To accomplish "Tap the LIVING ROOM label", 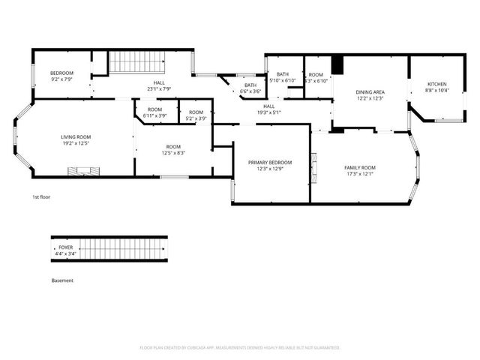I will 76,137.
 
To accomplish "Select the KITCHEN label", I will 436,84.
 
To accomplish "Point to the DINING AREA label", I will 369,92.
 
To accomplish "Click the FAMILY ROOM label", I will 360,167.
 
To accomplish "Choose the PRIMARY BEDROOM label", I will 270,163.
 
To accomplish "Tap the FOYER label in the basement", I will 65,247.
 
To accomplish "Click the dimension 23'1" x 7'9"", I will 158,88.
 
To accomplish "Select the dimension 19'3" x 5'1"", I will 268,112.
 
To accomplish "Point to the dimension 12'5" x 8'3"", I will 173,153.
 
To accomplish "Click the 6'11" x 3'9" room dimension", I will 154,115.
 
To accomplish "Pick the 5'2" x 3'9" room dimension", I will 196,118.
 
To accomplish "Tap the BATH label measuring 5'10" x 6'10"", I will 282,74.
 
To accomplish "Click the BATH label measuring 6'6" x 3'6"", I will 250,85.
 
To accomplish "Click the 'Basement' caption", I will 62,280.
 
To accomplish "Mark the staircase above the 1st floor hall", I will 136,62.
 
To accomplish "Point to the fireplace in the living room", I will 83,171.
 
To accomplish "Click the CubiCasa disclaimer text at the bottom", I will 240,348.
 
